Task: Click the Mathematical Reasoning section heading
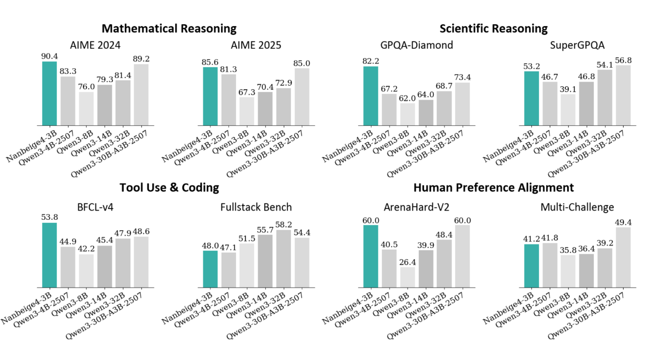169,28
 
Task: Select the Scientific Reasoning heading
493,28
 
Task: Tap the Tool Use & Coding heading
169,187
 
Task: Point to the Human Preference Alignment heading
493,187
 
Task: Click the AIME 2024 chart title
96,45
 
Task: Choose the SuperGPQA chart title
577,45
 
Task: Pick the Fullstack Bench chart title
256,207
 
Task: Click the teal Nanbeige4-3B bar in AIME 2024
50,93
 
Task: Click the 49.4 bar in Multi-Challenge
623,257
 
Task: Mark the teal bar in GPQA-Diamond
371,96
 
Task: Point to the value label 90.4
50,56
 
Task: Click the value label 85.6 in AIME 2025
210,62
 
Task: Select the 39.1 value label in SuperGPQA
568,89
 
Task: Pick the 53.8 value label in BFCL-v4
50,218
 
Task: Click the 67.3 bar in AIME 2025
247,111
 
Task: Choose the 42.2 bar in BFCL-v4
86,271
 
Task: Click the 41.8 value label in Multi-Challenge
550,238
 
